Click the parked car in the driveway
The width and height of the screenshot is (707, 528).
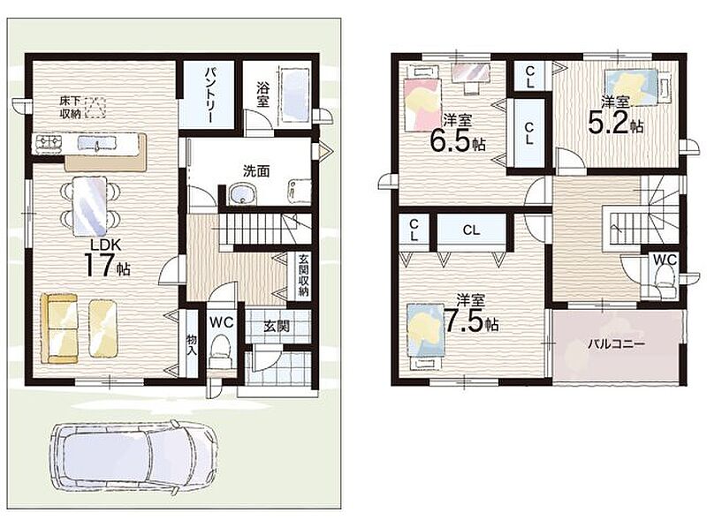[134, 458]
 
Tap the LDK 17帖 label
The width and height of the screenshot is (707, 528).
[106, 259]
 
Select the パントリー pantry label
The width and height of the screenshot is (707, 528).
[209, 95]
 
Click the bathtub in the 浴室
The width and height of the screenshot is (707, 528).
[294, 94]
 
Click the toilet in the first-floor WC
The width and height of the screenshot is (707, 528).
[221, 351]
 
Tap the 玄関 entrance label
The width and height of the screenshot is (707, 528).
[277, 326]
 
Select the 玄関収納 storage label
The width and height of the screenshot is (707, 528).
[303, 275]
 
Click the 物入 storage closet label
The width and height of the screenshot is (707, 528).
[192, 344]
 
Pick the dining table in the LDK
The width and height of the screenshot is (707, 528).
[91, 206]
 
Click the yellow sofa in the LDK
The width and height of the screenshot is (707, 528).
[59, 328]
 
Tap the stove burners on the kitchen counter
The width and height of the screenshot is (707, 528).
[49, 142]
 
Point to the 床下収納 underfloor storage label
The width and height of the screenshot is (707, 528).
[71, 107]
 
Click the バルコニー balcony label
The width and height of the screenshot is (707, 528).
[616, 344]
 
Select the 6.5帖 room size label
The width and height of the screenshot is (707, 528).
[457, 140]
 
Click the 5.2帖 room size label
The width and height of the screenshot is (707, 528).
[615, 123]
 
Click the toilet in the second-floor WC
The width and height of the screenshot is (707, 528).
[664, 280]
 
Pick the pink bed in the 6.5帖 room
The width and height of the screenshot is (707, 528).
[422, 104]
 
